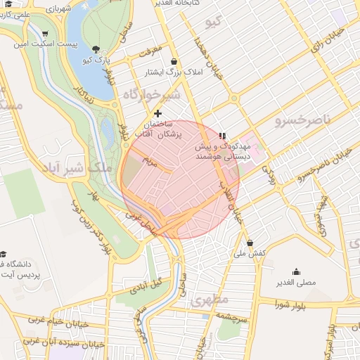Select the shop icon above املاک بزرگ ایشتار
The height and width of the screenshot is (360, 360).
tap(173, 61)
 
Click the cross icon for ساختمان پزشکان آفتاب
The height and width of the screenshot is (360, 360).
tap(157, 113)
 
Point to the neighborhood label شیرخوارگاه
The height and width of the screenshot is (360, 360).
tap(152, 94)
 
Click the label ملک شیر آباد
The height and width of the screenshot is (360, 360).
tap(73, 168)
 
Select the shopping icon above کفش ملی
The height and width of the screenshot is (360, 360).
tap(250, 243)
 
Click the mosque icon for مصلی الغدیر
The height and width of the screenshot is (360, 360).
tap(295, 271)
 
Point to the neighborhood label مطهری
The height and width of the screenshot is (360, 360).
tap(209, 301)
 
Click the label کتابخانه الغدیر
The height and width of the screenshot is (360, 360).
tap(196, 4)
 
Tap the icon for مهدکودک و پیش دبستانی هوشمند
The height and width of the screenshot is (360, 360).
tap(223, 134)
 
